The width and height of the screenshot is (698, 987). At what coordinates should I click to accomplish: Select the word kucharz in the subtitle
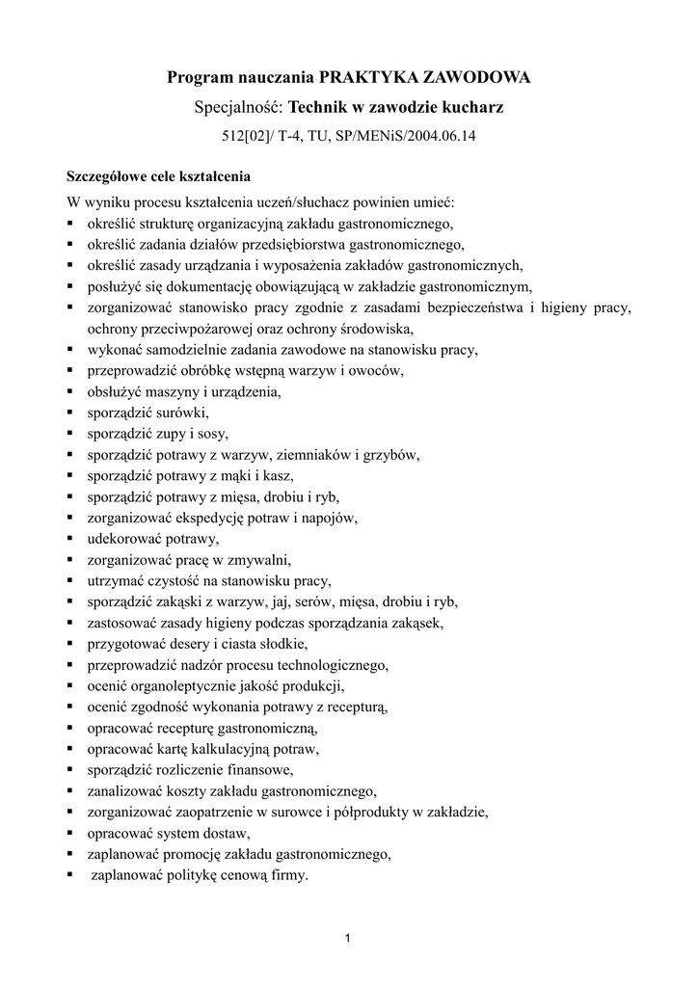pos(473,108)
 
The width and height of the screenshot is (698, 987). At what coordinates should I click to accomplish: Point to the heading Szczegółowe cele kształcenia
pos(157,177)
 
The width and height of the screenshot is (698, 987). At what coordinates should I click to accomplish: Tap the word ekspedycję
pos(224,518)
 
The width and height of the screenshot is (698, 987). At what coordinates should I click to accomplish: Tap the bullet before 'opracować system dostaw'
pos(71,833)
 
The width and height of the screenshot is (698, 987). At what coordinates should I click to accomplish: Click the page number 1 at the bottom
pos(349,938)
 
